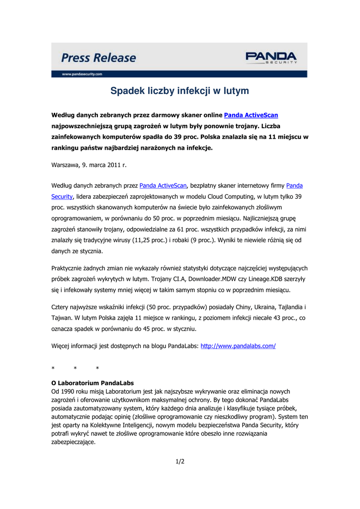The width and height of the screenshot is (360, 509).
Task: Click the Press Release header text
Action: tap(98, 58)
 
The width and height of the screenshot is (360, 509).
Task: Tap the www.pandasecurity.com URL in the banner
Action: tap(82, 74)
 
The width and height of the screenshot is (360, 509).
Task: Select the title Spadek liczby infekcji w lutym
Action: tap(180, 91)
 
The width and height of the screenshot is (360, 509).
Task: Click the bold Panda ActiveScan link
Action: tap(251, 115)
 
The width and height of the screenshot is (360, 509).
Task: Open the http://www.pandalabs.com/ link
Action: tap(238, 345)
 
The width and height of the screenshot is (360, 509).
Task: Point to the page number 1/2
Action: tap(180, 461)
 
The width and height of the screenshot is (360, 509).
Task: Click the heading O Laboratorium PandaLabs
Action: tap(92, 383)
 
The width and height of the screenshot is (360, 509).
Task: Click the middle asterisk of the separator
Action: tap(75, 368)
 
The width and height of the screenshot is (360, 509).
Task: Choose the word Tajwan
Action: tap(62, 318)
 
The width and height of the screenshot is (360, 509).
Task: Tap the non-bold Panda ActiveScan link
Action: tap(163, 186)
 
